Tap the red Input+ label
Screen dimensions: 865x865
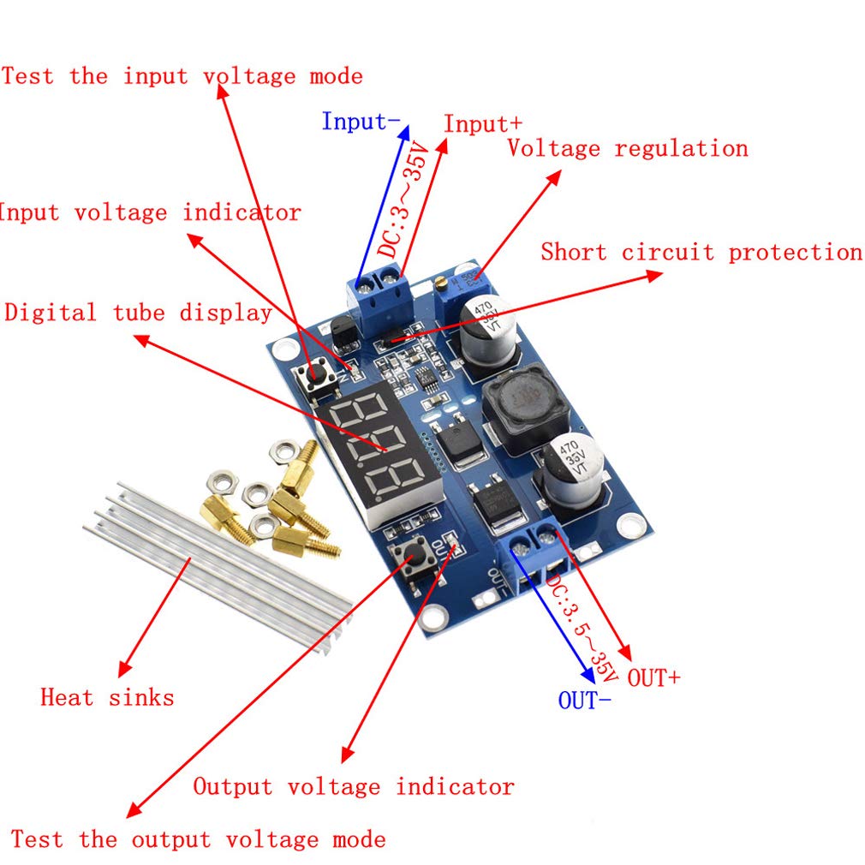coord(482,124)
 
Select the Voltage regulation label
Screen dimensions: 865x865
coord(627,148)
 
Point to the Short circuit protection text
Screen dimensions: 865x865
coord(701,253)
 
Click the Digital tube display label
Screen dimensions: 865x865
coord(138,313)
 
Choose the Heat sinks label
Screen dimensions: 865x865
coord(107,697)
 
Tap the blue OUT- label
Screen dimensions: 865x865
coord(585,701)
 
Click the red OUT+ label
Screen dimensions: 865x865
coord(654,678)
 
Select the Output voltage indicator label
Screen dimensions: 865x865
coord(354,786)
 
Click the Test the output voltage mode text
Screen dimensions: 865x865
coord(198,839)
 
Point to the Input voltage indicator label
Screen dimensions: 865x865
coord(150,212)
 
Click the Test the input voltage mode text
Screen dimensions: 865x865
coord(182,76)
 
